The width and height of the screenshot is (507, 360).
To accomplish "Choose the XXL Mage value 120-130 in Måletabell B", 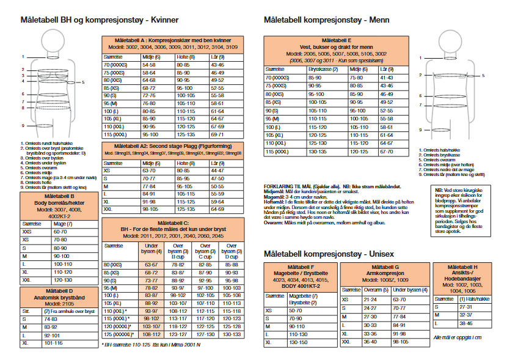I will [61, 279].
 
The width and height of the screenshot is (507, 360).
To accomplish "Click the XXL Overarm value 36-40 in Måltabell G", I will [370, 342].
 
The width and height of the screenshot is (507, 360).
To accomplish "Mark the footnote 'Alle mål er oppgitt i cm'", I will [457, 337].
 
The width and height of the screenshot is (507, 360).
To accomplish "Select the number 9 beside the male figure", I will [421, 130].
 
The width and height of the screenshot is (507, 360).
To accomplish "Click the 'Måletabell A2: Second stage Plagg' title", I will [173, 146].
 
